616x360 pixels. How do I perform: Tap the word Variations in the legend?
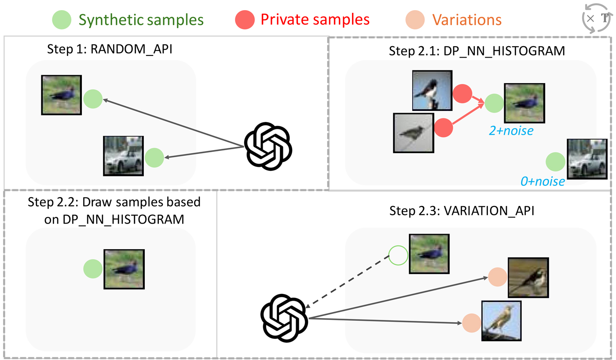467,20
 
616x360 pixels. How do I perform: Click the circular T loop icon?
596,19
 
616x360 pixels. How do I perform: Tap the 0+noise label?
543,180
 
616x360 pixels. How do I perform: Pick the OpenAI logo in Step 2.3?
284,319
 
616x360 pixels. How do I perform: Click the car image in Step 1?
123,156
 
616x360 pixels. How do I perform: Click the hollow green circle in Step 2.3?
399,255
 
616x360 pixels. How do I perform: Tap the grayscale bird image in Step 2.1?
414,133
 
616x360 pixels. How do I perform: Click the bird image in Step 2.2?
124,269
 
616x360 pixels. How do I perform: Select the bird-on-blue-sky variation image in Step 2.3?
501,320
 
